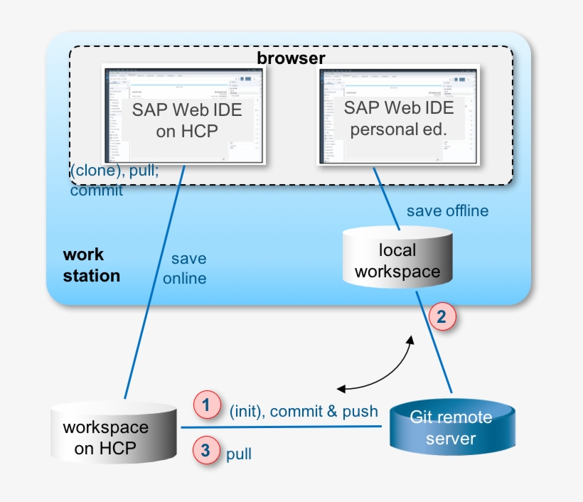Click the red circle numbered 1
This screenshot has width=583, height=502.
(x=206, y=406)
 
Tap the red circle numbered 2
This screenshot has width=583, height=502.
(x=442, y=317)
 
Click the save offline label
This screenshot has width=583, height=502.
(x=447, y=211)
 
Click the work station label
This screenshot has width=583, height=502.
(x=91, y=265)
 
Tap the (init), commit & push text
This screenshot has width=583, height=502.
(x=304, y=412)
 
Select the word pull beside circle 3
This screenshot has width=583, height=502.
(x=239, y=454)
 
